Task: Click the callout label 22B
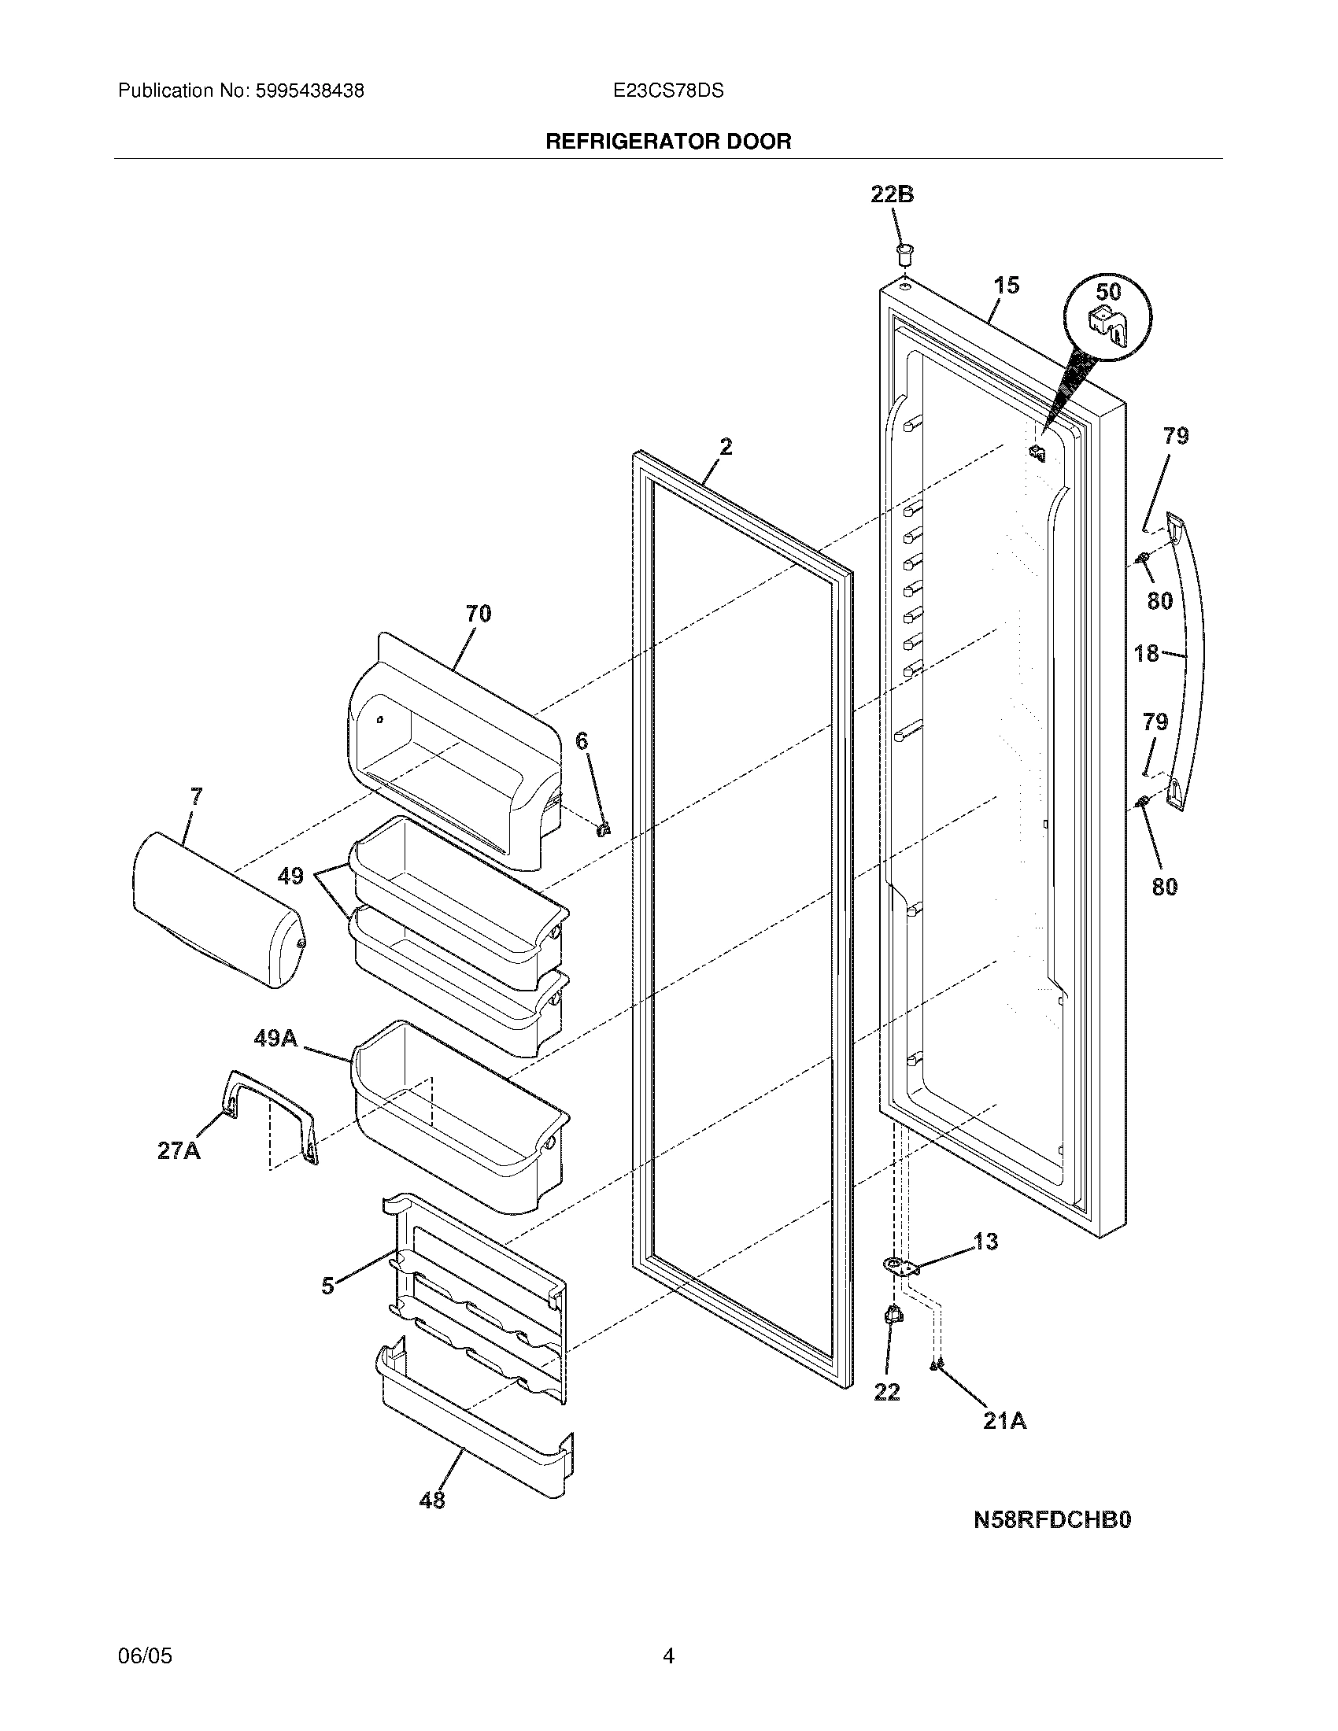point(892,194)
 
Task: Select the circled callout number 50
point(1108,291)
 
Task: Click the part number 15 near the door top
point(1007,286)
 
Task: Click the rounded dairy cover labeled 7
point(216,910)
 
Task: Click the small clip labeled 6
point(604,829)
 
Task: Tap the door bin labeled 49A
point(460,1117)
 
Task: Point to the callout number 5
point(328,1286)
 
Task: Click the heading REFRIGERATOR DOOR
point(668,142)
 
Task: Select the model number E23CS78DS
point(668,91)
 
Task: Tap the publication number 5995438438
point(310,91)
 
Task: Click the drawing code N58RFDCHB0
point(1052,1519)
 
